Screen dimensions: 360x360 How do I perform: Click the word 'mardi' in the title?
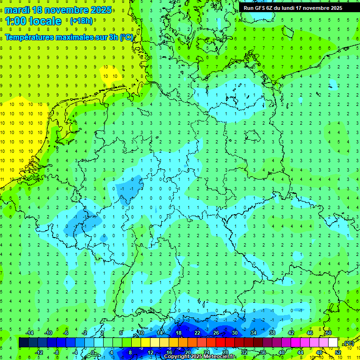[x=17, y=10]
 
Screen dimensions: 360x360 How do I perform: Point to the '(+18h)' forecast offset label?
[x=81, y=21]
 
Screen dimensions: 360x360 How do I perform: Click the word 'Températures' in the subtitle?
[x=29, y=37]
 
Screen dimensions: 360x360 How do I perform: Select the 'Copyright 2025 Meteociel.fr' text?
[x=199, y=357]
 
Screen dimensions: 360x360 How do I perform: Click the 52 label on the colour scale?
[x=338, y=352]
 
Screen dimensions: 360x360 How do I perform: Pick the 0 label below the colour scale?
[x=93, y=352]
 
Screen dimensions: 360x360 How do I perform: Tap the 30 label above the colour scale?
[x=234, y=333]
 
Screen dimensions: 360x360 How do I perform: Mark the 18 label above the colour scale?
[x=179, y=333]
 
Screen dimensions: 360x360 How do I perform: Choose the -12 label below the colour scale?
[x=39, y=352]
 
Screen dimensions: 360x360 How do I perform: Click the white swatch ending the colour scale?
[x=333, y=343]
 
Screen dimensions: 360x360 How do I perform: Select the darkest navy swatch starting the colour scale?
[x=23, y=343]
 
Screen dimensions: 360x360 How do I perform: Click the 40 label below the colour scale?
[x=282, y=352]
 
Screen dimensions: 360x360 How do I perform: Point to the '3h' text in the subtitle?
[x=113, y=37]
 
